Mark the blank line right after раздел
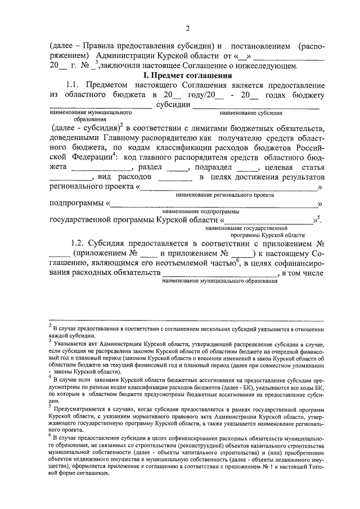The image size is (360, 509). tap(177, 169)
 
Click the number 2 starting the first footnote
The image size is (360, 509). tap(50, 325)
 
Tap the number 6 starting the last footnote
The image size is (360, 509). tap(50, 435)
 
